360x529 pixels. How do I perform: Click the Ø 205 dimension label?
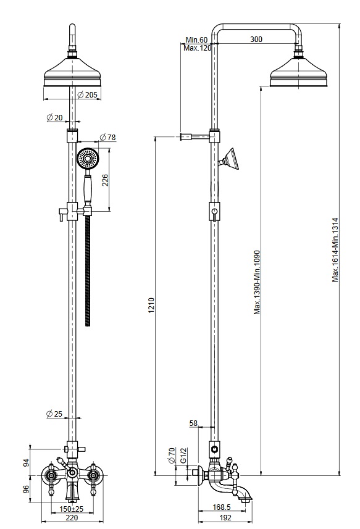[87, 95]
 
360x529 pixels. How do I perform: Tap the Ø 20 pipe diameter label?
[55, 117]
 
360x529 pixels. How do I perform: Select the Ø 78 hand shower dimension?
[107, 137]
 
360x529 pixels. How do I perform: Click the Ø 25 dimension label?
[54, 414]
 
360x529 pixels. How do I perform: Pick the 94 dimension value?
[26, 462]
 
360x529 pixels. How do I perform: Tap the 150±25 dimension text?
[72, 509]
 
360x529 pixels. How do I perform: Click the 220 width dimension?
[72, 517]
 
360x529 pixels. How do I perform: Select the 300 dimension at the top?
[256, 39]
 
